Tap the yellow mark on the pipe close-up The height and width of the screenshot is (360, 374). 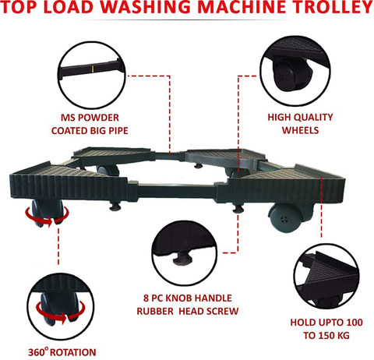point(92,69)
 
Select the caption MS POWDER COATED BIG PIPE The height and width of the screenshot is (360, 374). point(90,124)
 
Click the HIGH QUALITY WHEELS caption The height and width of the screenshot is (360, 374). point(300,124)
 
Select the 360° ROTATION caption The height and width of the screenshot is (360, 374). point(62,352)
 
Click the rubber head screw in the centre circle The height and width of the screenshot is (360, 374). point(182,258)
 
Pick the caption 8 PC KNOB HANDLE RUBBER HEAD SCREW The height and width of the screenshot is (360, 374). point(188,305)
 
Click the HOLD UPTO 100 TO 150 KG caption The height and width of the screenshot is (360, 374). point(326,329)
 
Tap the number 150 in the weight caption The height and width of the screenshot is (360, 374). point(326,335)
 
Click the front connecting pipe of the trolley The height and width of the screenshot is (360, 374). point(177,192)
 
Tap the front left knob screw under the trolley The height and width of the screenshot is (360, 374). point(115,206)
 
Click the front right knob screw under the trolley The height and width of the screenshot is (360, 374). point(238,208)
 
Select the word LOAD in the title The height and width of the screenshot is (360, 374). point(68,7)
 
